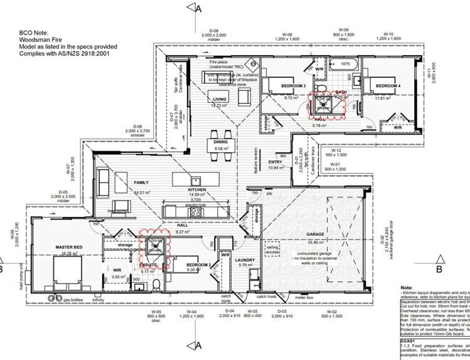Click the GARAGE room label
click(316, 234)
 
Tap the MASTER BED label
click(69, 248)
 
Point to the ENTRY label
click(275, 162)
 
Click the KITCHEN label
click(197, 189)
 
